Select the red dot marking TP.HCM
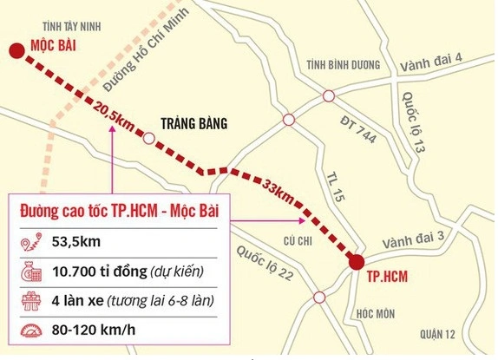(x=357, y=261)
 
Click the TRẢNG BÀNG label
(x=193, y=124)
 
